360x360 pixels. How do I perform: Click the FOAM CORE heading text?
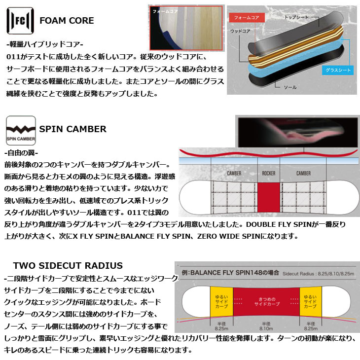[67, 21]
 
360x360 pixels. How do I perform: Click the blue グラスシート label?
[337, 70]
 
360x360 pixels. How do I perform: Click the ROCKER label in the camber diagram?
[269, 173]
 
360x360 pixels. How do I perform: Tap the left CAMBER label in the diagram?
[234, 173]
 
